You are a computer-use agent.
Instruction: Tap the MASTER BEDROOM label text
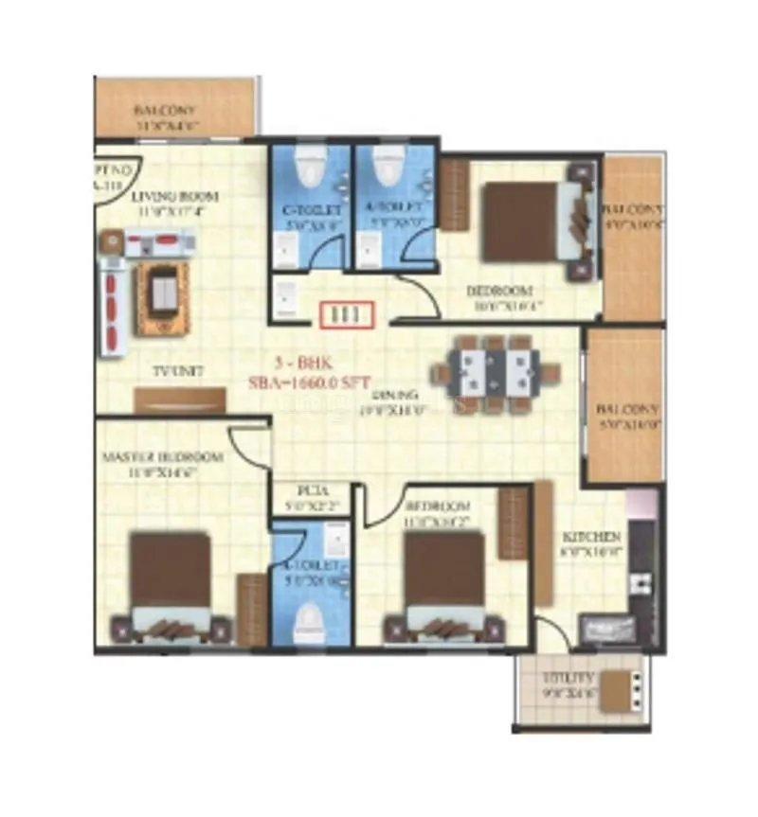[162, 457]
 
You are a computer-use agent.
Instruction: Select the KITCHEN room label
[590, 537]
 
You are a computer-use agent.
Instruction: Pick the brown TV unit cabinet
[181, 400]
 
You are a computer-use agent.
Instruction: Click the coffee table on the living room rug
[163, 296]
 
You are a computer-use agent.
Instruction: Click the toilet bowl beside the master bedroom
[307, 623]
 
